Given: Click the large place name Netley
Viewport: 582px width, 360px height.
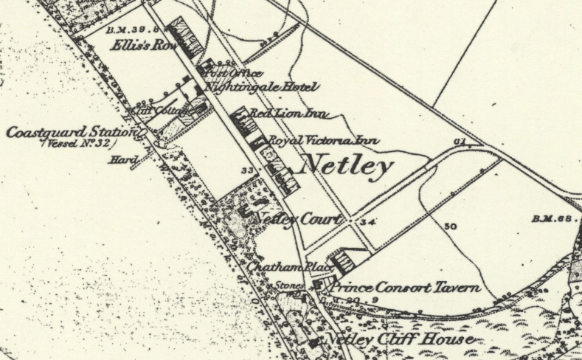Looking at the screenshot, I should (x=347, y=167).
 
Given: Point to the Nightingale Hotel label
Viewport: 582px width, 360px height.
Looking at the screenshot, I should (x=262, y=87).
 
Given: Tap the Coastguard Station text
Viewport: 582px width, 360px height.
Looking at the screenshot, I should (x=70, y=132).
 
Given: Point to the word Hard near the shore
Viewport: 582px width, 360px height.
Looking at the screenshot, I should (x=119, y=159).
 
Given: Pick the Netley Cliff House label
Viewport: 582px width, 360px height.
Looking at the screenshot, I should (x=398, y=339).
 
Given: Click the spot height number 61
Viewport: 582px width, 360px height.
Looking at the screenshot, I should (x=463, y=140).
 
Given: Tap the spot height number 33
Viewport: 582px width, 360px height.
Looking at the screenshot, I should (x=247, y=170).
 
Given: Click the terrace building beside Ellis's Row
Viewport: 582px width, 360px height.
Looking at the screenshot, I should (x=187, y=41).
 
